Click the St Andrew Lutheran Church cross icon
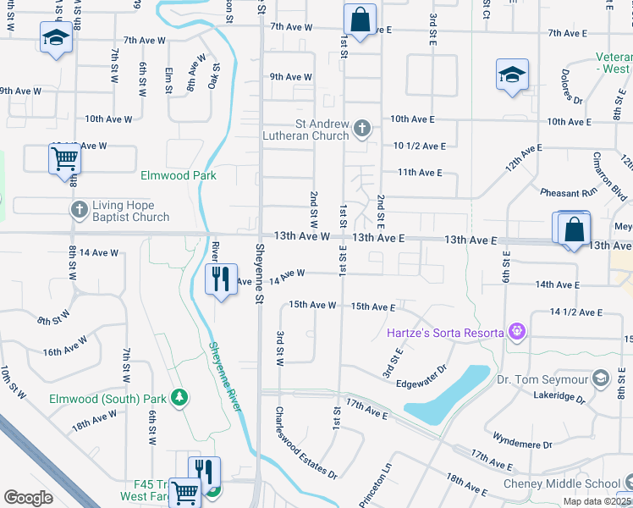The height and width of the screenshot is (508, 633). [361, 129]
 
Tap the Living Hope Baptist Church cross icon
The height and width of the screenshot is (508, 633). [79, 209]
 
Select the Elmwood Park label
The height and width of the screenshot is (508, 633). [178, 175]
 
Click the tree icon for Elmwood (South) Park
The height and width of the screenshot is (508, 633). [179, 396]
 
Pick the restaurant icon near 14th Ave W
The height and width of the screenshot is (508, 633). [220, 279]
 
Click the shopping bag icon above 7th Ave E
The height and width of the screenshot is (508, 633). [360, 19]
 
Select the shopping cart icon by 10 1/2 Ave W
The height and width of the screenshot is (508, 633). [64, 158]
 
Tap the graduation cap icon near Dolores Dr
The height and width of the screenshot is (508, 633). [512, 75]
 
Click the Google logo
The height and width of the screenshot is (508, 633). [29, 497]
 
